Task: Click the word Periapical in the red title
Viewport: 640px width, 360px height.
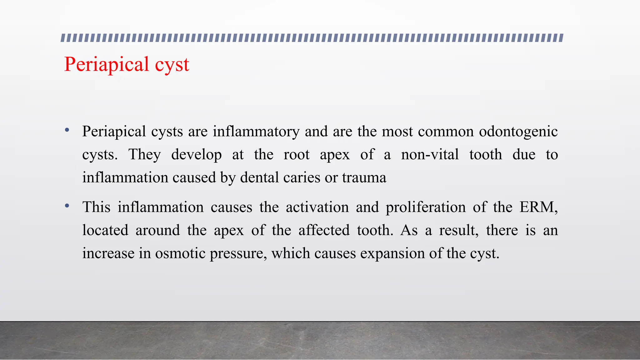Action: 106,65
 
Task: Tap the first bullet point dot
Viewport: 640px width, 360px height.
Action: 67,130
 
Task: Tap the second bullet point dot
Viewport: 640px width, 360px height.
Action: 67,206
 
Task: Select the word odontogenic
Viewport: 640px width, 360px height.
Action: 518,132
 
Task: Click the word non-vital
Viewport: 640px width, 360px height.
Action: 430,155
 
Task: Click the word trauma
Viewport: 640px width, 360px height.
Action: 364,178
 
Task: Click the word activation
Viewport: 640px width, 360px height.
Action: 317,207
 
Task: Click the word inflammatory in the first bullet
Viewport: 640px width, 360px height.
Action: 256,132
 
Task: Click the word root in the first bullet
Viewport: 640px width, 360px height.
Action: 296,155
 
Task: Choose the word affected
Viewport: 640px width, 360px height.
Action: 324,230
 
